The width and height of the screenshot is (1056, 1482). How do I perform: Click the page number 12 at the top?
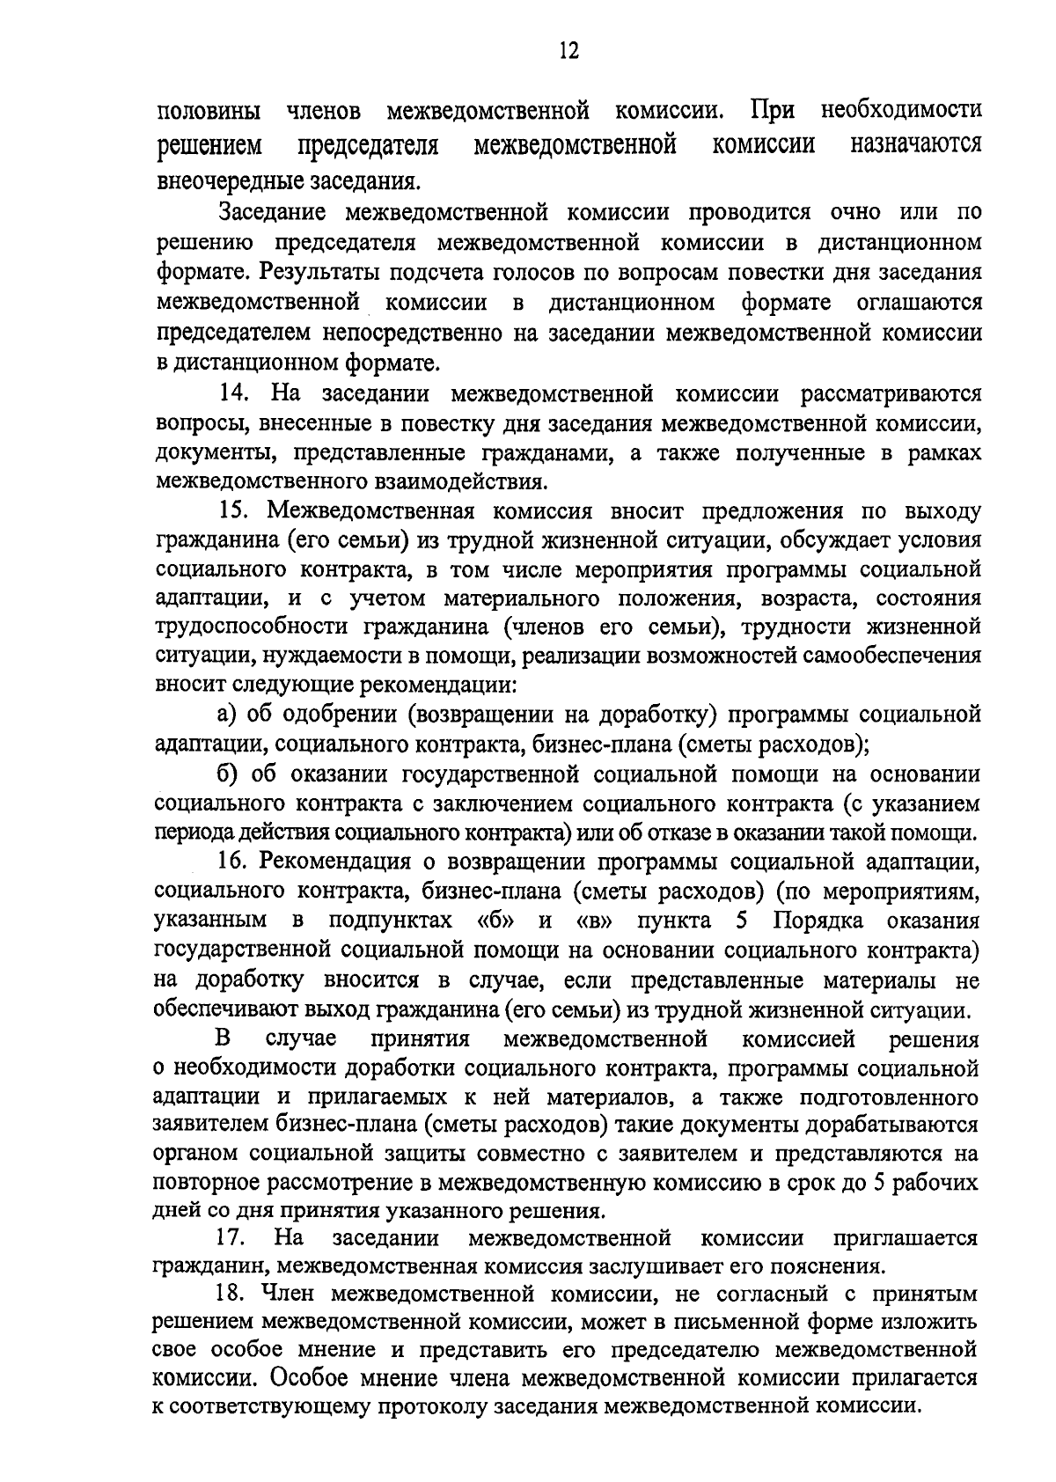tap(568, 50)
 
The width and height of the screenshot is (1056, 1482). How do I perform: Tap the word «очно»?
tap(858, 212)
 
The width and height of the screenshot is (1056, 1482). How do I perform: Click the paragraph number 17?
tap(231, 1238)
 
